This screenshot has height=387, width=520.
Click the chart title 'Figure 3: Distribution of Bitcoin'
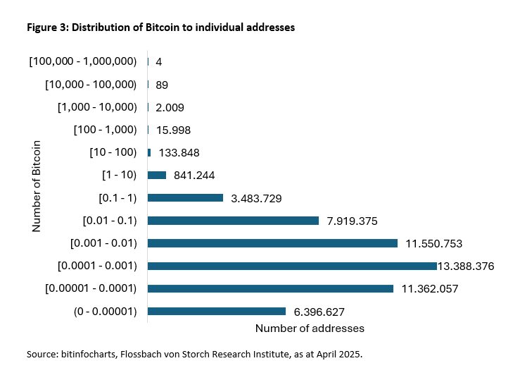click(160, 28)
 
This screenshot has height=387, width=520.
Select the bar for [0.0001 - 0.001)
click(292, 266)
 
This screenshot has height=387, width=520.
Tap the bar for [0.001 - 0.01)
click(272, 243)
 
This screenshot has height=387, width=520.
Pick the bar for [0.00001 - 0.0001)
click(270, 288)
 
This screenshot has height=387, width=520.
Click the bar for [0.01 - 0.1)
click(233, 221)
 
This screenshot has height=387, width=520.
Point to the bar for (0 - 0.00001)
click(217, 311)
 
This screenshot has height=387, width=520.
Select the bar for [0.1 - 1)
click(185, 198)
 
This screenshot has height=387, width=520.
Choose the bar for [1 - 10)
click(157, 175)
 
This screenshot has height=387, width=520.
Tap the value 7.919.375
click(353, 221)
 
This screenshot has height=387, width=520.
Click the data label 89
click(162, 85)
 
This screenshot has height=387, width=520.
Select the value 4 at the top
click(159, 62)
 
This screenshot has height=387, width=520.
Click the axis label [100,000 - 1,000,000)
click(83, 62)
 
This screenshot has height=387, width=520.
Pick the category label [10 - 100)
click(113, 153)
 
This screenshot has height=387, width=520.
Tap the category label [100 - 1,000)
click(105, 130)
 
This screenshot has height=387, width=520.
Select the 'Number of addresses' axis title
click(310, 328)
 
